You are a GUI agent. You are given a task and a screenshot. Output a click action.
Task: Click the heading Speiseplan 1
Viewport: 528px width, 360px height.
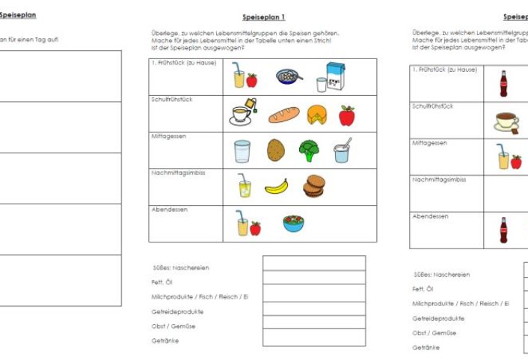click(x=264, y=16)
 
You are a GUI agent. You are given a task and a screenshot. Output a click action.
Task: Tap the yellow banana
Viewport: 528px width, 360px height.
click(x=276, y=186)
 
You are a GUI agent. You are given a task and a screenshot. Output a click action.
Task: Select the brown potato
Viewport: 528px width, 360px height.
click(x=276, y=150)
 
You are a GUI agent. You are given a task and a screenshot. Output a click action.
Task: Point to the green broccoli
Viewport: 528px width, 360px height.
click(x=309, y=150)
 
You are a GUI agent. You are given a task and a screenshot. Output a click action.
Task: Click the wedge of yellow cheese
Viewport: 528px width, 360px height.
click(x=317, y=115)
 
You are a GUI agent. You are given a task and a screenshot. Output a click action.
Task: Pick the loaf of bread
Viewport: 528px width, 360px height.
click(x=284, y=115)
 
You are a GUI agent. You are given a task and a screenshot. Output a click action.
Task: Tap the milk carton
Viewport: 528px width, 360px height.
click(x=335, y=76)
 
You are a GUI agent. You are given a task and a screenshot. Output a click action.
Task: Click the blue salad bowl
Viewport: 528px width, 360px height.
click(x=293, y=223)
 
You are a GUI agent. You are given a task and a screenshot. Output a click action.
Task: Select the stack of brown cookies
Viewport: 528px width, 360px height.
click(x=313, y=186)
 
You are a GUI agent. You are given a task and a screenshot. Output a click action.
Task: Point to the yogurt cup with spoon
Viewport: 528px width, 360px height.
click(x=343, y=151)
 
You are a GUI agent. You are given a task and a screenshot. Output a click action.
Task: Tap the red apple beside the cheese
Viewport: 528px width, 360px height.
click(x=346, y=115)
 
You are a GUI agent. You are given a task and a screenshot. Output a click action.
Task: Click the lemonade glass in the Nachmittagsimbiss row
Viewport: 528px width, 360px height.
click(x=244, y=186)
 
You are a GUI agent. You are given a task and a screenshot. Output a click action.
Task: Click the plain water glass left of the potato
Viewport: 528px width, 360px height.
click(x=242, y=151)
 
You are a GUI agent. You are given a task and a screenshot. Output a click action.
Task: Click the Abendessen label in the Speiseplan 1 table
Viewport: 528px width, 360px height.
click(x=168, y=210)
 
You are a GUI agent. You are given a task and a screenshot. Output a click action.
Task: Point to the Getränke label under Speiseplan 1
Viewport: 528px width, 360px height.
click(x=165, y=341)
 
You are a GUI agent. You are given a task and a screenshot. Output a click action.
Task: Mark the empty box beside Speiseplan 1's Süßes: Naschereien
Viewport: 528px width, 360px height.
click(x=313, y=263)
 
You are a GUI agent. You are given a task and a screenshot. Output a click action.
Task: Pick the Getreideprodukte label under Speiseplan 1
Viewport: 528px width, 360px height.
click(x=176, y=311)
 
